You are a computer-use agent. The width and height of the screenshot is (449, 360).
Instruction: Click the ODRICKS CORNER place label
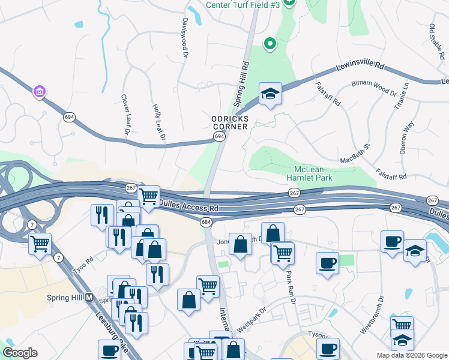coord(230,123)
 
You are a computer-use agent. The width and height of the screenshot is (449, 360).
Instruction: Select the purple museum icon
coord(40,92)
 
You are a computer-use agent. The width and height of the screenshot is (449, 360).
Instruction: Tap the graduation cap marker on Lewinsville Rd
coord(270,94)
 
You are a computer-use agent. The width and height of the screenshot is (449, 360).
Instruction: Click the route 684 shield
coord(206,223)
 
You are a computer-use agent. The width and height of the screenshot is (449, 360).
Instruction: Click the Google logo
coord(20,353)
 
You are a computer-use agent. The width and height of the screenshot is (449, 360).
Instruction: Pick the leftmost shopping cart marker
coord(40,244)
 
